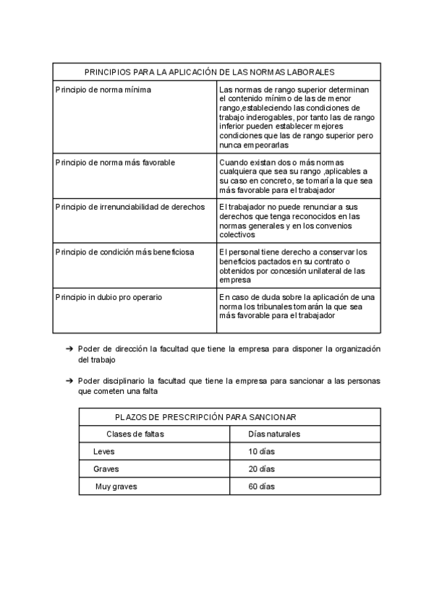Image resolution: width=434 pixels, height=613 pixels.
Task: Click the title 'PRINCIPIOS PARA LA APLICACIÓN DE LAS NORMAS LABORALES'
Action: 209,72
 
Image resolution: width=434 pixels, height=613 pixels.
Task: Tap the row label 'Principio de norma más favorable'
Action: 115,163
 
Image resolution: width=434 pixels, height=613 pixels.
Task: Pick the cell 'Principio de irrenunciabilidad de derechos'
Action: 129,207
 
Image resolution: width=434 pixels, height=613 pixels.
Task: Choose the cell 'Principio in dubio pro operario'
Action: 109,297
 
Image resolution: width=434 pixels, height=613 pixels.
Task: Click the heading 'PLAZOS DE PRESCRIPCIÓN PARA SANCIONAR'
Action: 205,417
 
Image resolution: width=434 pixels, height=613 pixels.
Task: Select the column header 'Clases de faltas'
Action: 135,434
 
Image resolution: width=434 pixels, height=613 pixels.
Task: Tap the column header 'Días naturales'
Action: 274,434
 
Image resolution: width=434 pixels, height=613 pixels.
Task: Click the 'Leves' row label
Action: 103,452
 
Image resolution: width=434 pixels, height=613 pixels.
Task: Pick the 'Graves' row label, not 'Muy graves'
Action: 106,469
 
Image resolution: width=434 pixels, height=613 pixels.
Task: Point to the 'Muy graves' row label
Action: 116,486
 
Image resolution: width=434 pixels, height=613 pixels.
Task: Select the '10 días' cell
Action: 262,452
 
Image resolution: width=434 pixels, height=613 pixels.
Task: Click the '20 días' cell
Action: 262,469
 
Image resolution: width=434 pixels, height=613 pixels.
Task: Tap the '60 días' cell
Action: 262,486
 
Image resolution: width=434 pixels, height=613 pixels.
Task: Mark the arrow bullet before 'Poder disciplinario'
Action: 68,381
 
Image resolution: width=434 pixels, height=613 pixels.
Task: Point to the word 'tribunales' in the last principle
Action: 268,306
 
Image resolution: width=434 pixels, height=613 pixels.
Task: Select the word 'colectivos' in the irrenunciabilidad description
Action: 237,234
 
